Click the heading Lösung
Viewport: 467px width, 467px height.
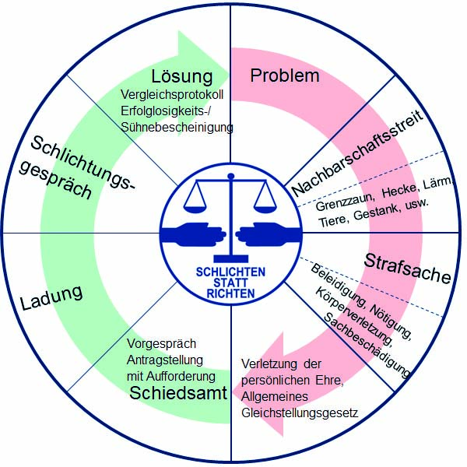183,76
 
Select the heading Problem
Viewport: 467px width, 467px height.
285,75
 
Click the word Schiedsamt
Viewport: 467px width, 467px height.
178,392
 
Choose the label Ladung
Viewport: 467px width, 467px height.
52,295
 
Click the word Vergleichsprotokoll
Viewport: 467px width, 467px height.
177,96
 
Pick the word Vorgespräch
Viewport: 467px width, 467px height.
161,343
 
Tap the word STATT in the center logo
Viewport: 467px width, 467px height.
231,283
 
